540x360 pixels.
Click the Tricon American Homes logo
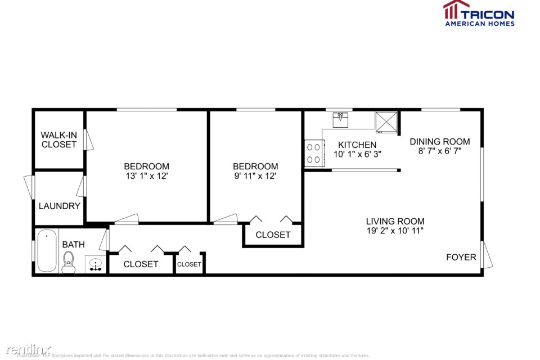click(479, 13)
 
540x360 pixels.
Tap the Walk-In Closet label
click(58, 139)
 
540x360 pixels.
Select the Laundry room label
click(59, 206)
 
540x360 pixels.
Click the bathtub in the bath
click(46, 251)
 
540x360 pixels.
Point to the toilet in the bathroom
click(69, 262)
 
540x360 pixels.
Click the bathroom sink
click(94, 264)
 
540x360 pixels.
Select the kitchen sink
click(340, 120)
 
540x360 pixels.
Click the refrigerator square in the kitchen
click(386, 122)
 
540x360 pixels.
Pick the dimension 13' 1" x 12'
click(146, 175)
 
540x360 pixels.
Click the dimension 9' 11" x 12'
click(255, 175)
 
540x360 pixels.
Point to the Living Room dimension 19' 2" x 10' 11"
click(395, 231)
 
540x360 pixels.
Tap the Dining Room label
click(439, 141)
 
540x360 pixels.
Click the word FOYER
click(461, 257)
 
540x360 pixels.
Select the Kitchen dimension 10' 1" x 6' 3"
click(357, 154)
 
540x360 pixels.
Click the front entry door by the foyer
click(487, 254)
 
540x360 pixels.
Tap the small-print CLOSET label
click(189, 264)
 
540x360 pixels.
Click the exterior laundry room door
click(29, 187)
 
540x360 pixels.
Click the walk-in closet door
click(88, 139)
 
